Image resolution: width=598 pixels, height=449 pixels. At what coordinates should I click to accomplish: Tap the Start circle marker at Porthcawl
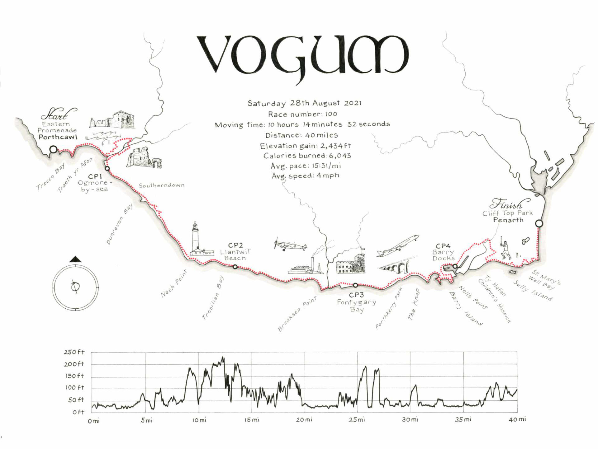(x=54, y=149)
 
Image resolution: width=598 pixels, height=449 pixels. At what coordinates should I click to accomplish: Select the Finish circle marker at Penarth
(x=539, y=224)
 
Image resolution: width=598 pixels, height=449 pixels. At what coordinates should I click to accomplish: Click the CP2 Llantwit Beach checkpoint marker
(x=235, y=267)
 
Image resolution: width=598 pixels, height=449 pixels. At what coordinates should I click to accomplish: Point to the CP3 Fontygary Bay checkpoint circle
(x=355, y=285)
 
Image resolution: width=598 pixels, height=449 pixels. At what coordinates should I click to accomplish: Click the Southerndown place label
(x=162, y=186)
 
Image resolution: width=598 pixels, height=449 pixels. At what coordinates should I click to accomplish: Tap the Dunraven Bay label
(x=120, y=224)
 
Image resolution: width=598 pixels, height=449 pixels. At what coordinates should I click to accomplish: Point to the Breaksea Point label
(x=297, y=314)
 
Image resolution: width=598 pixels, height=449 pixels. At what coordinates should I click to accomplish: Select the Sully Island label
(x=533, y=290)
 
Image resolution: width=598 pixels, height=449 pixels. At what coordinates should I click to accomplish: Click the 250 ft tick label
(x=74, y=352)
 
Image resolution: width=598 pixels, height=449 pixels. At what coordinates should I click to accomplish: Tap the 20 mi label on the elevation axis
(x=304, y=420)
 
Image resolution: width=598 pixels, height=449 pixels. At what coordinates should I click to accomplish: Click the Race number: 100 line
(x=302, y=114)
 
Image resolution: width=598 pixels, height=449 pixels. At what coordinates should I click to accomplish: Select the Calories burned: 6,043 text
(x=307, y=156)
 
